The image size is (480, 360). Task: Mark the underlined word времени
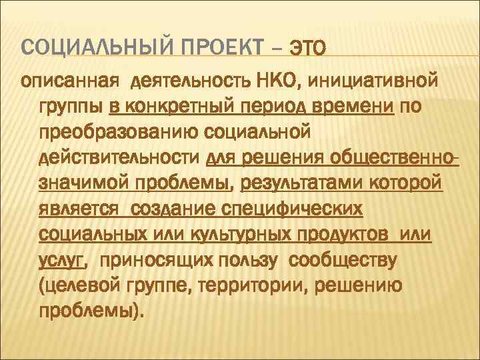tap(359, 107)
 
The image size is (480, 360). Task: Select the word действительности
tap(120, 157)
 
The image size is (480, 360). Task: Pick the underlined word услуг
tap(61, 260)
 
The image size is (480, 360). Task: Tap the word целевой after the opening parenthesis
tap(84, 285)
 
